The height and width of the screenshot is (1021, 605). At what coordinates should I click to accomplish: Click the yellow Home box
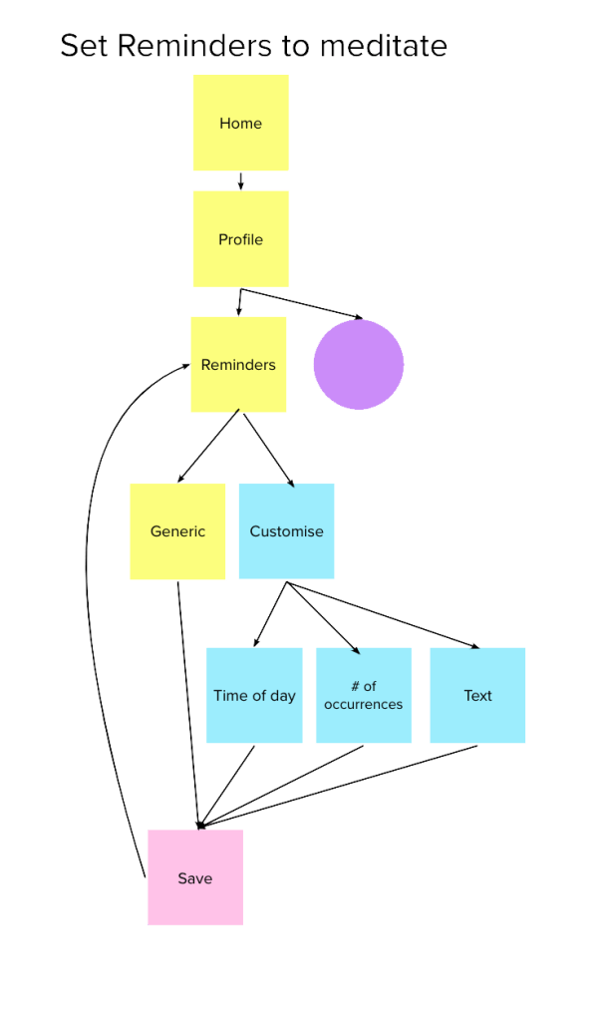[240, 123]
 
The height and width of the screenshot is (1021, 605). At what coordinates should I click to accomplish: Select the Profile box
[240, 239]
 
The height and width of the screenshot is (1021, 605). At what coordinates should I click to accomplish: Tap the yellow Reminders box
[238, 365]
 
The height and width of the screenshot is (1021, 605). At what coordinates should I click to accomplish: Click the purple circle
[359, 364]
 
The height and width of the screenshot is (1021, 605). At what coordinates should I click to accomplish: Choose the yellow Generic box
[177, 531]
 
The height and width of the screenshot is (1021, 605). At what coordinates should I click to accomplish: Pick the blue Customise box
[287, 531]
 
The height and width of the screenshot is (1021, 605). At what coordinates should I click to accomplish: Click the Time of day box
[254, 696]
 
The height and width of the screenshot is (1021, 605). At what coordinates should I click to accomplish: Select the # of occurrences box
[364, 696]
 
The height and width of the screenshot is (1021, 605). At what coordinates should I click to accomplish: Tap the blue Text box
[477, 696]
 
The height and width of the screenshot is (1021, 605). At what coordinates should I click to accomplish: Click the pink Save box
[194, 878]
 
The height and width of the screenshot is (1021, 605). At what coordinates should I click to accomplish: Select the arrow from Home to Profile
[240, 180]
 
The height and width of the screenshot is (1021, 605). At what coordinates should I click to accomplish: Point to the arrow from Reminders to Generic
[206, 449]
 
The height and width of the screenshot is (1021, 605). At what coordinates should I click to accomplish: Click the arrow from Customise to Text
[384, 614]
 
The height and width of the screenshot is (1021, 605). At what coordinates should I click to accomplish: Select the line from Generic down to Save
[187, 698]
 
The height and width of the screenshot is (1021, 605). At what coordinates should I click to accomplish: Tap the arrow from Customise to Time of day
[269, 615]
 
